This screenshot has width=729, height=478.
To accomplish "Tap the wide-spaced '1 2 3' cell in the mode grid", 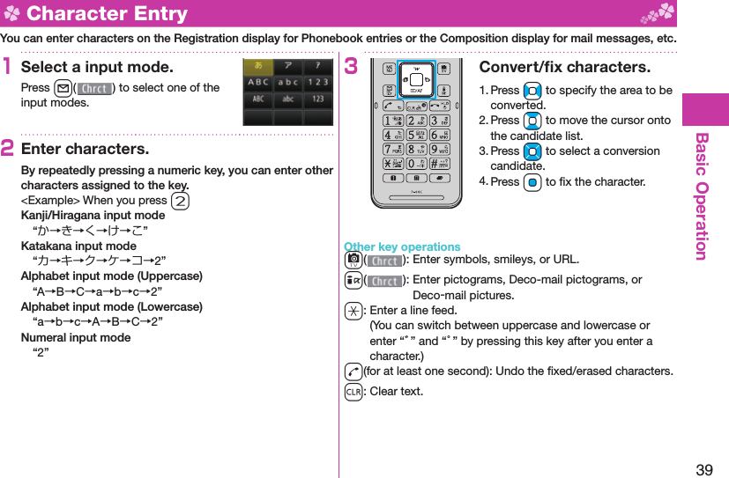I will (x=317, y=83).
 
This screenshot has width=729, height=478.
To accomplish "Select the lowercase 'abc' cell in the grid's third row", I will (x=287, y=99).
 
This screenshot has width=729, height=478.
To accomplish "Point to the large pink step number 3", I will (x=351, y=68).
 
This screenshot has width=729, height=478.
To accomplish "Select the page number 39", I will (x=704, y=469).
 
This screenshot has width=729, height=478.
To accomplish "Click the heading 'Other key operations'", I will (x=402, y=246).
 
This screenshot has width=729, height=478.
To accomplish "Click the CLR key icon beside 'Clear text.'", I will (x=353, y=391).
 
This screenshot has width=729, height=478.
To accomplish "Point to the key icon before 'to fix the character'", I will (x=532, y=182).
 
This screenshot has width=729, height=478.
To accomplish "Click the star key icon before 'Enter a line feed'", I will (x=353, y=310).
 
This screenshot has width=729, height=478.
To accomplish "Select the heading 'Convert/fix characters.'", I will (x=564, y=68).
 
